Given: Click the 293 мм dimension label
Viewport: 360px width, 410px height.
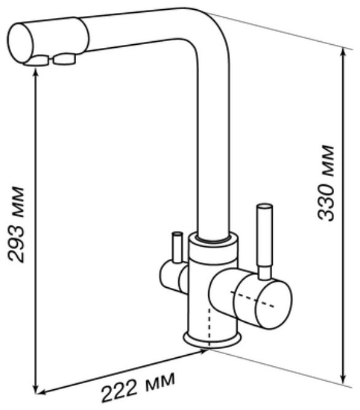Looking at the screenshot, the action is [16, 224].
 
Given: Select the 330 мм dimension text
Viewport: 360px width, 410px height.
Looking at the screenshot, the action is [326, 184].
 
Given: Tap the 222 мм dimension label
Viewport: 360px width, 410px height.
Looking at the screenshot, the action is [138, 389].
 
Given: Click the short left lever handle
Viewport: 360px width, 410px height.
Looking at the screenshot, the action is [177, 247].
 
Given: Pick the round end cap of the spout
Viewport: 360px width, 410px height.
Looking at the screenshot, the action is [22, 44].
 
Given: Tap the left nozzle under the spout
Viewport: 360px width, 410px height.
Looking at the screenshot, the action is [37, 61].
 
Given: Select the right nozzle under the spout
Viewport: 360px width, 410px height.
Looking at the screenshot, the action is [64, 59].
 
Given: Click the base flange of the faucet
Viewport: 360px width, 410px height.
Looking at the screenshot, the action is [212, 340].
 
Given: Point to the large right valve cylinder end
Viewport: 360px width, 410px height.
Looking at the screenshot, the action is [273, 304].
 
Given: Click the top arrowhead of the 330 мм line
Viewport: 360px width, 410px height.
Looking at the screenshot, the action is [343, 53].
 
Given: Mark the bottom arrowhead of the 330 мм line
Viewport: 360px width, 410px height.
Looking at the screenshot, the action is [343, 378].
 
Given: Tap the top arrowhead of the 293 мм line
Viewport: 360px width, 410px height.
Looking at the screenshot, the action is [36, 72].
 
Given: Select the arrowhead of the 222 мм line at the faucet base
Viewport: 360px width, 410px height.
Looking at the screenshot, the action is [204, 352].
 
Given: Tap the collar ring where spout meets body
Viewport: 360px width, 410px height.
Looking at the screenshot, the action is [214, 238].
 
